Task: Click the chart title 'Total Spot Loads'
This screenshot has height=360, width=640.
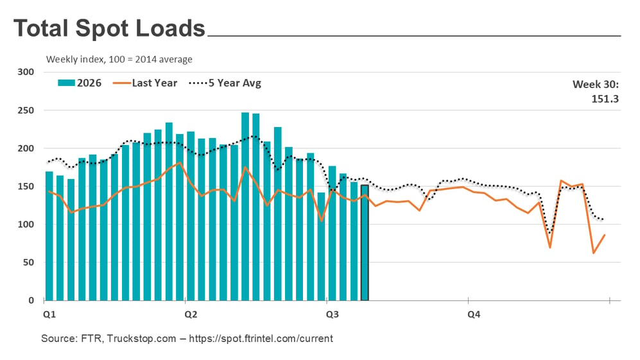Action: pos(109,28)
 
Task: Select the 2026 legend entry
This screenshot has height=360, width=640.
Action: pos(80,83)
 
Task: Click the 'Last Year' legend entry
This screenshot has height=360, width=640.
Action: pos(145,83)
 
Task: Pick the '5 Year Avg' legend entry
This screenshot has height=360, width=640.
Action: pos(225,83)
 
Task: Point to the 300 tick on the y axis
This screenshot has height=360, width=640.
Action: pos(26,72)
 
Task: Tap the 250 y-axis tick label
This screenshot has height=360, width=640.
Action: pos(26,110)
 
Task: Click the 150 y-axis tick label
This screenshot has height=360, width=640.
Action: pos(26,186)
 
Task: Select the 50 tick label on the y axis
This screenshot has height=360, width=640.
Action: pos(28,262)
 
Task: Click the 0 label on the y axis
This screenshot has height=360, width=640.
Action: pos(31,300)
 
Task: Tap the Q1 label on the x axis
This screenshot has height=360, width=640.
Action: pos(49,314)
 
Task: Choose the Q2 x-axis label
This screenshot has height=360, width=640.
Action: pos(191,314)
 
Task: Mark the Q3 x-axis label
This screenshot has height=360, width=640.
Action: pos(333,314)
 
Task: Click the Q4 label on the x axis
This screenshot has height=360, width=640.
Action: pos(474,314)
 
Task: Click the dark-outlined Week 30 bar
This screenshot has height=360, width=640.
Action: pos(365,243)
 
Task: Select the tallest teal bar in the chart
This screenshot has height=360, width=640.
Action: pos(245,207)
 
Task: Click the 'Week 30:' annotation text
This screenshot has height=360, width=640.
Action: pos(596,85)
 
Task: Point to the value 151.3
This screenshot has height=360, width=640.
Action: pos(605,99)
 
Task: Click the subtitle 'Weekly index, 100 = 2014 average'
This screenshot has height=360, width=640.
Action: pos(119,59)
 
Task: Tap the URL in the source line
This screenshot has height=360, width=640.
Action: pos(261,338)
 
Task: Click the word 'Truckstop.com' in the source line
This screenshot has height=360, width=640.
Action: pos(142,338)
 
